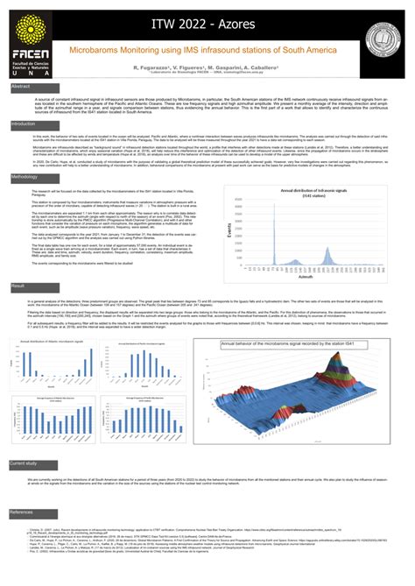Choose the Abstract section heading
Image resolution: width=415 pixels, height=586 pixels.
(20, 88)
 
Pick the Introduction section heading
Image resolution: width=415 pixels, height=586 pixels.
(24, 124)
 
